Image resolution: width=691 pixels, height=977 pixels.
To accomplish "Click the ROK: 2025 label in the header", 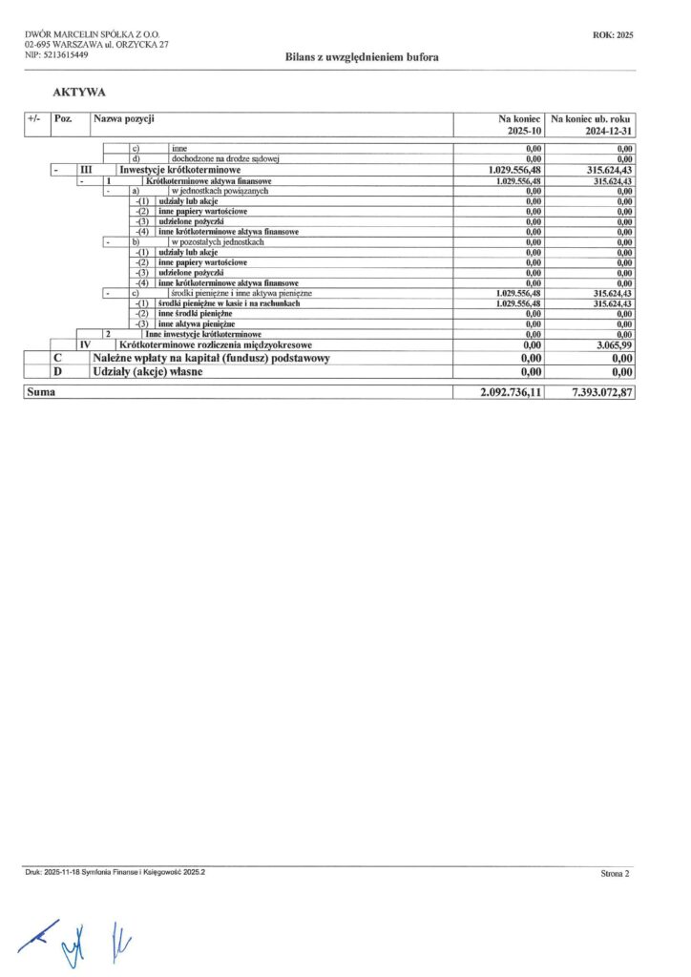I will click(x=614, y=34).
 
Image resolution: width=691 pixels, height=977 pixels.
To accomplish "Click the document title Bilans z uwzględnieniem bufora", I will click(x=355, y=57).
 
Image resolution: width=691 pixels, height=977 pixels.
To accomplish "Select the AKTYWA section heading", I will click(x=79, y=93).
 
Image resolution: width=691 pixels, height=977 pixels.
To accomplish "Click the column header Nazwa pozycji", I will click(x=124, y=119).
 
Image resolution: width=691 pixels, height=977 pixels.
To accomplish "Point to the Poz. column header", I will click(x=65, y=119).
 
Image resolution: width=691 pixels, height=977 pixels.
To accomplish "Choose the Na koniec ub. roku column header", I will click(x=593, y=119).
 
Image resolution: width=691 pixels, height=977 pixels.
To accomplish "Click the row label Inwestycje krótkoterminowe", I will click(x=179, y=170).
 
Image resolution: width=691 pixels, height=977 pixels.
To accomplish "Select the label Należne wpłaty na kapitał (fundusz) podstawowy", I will click(x=211, y=357).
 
